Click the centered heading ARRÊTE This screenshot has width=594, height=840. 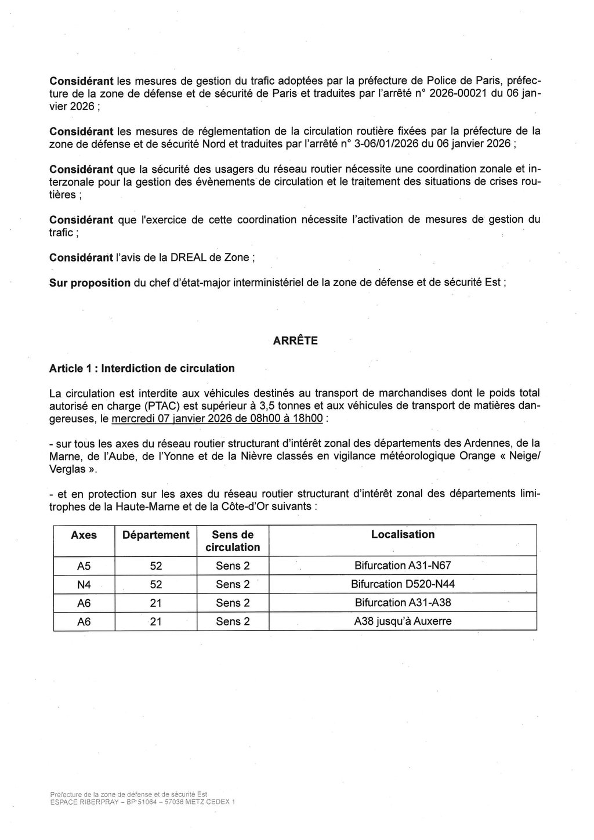[295, 341]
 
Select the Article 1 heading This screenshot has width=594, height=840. [142, 368]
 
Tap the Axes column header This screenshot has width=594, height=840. [84, 535]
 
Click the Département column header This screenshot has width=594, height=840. [155, 535]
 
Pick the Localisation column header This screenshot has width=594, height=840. [403, 535]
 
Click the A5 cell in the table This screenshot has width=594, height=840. [84, 566]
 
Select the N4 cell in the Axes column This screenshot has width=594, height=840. [84, 584]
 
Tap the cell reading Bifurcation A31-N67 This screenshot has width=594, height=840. [403, 566]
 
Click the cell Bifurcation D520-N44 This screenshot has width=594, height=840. [403, 584]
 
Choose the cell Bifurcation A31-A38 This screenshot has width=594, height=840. [403, 603]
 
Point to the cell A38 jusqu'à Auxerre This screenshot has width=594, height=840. [403, 621]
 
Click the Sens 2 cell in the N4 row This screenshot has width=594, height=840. [233, 584]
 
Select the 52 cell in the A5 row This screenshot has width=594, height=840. [155, 566]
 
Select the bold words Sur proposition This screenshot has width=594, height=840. [89, 283]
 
